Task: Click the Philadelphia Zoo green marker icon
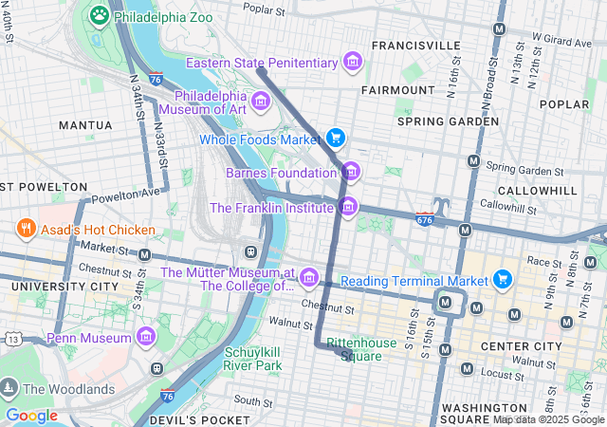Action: (100, 15)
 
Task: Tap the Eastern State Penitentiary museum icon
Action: (353, 63)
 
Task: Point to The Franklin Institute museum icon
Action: (348, 206)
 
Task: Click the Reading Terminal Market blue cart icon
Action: (503, 279)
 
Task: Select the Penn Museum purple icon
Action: (145, 337)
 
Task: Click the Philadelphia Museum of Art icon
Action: (261, 101)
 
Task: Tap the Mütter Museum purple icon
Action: (308, 277)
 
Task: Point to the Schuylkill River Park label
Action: (253, 358)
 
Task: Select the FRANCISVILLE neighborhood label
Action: (415, 45)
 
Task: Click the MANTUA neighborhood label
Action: (85, 124)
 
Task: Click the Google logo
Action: (31, 415)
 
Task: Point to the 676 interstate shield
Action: (424, 219)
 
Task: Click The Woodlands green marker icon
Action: (9, 388)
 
